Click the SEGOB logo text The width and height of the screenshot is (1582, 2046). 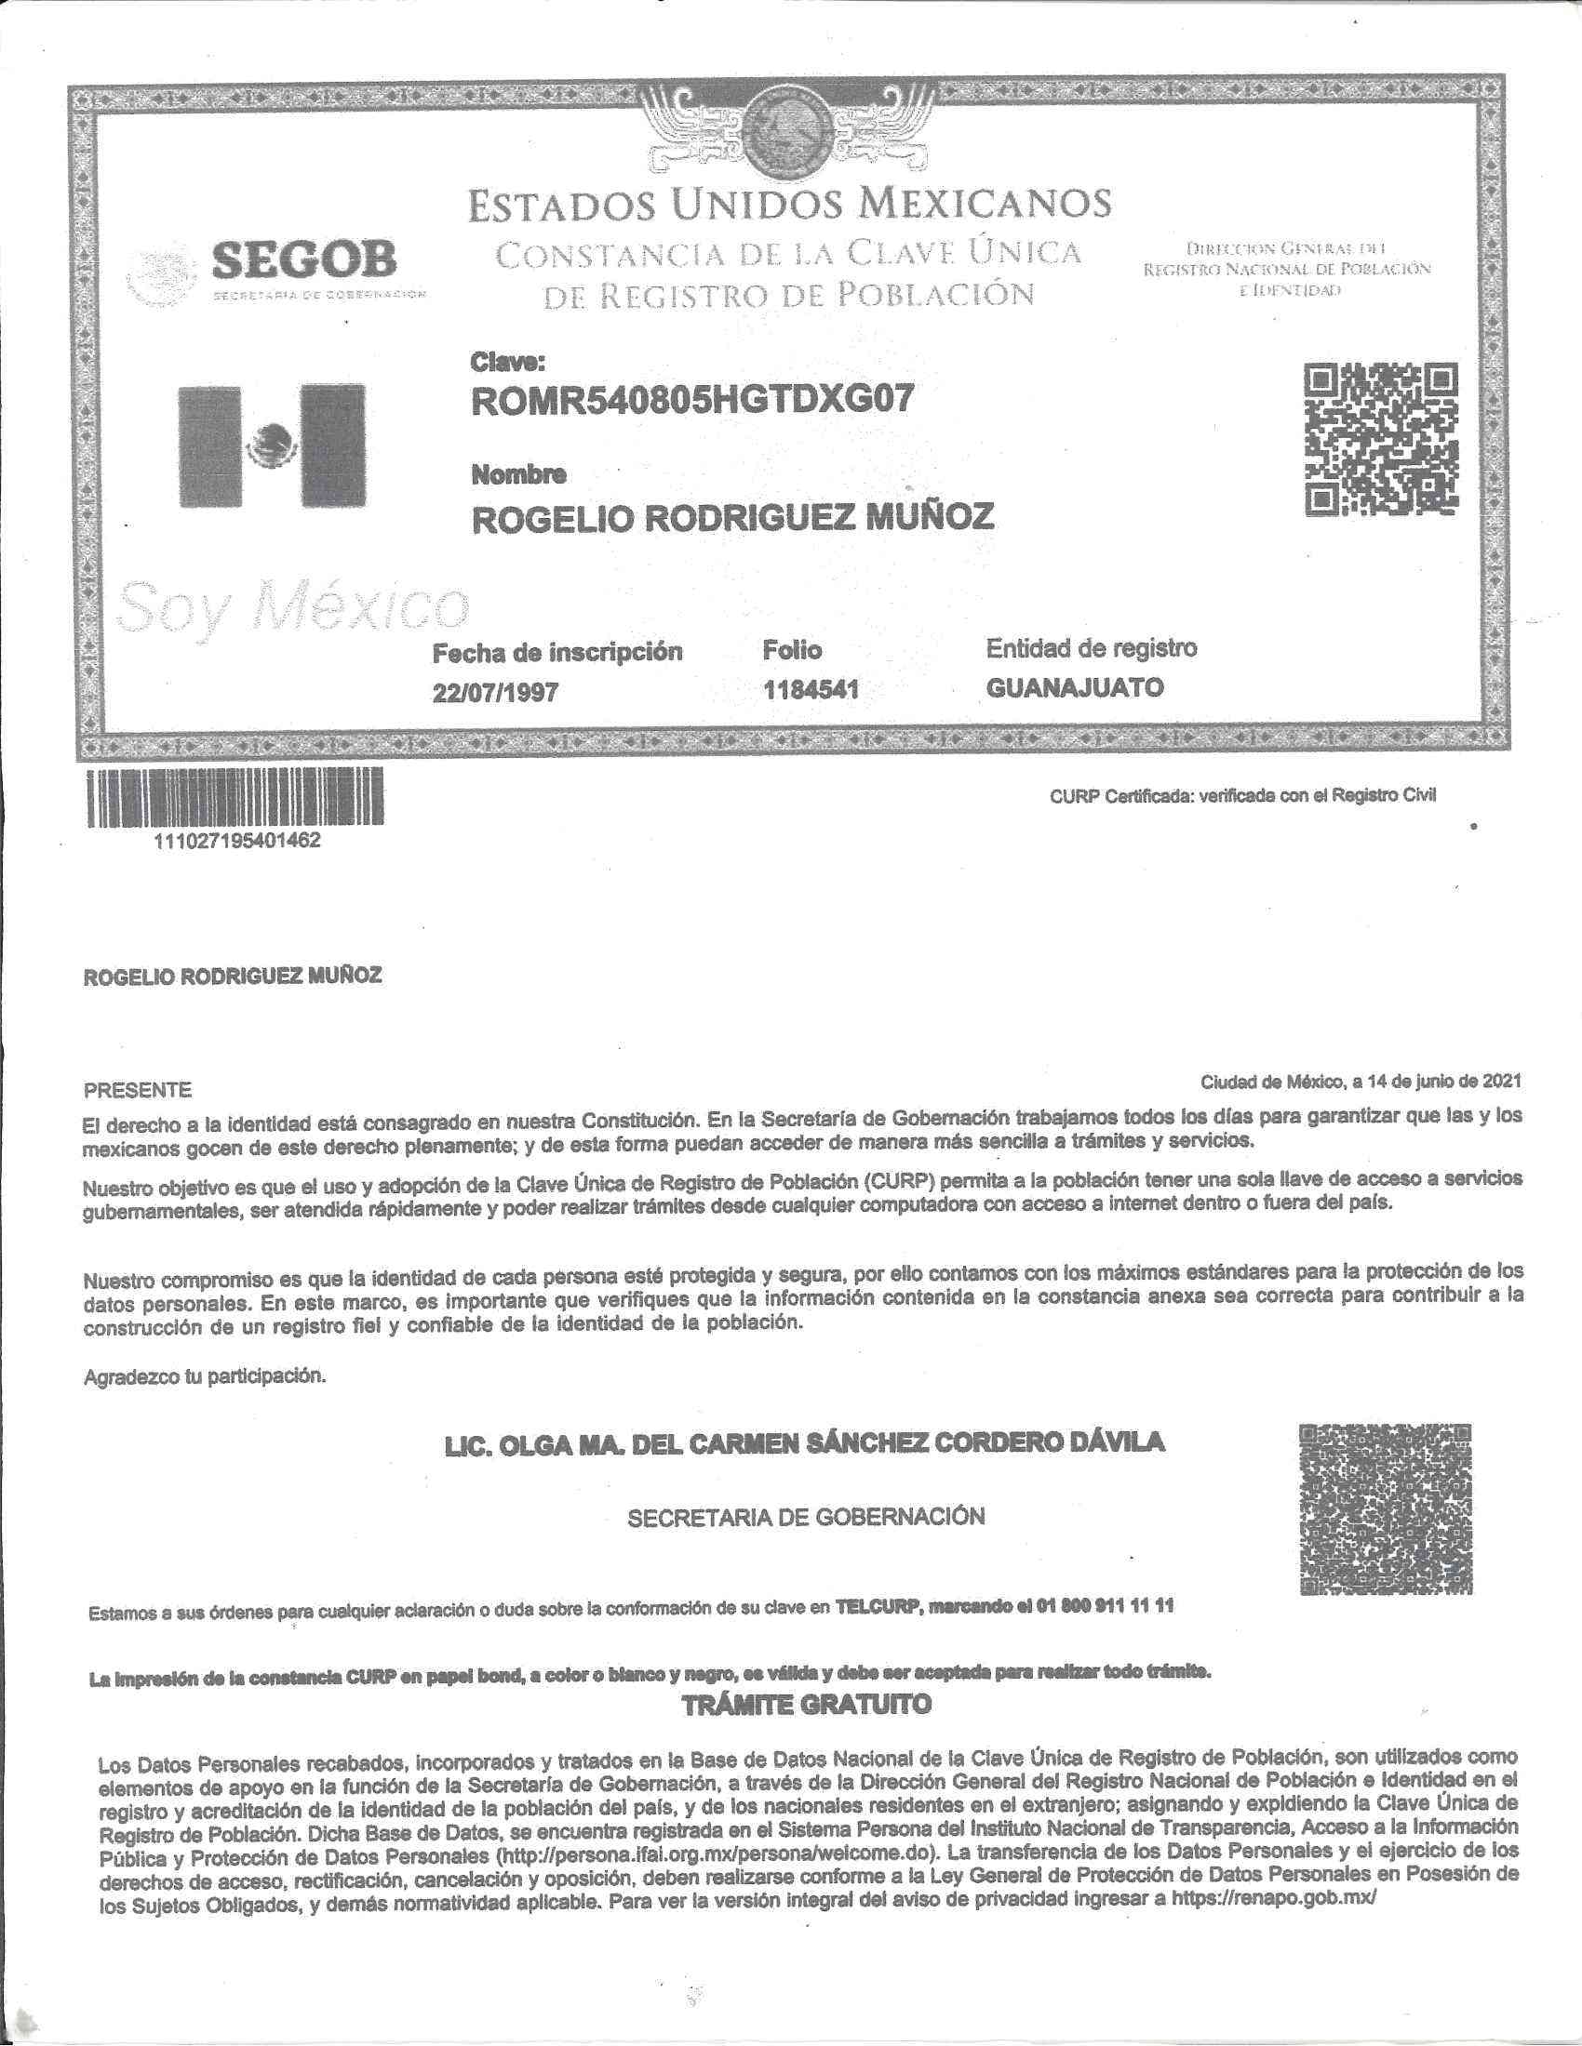(x=303, y=259)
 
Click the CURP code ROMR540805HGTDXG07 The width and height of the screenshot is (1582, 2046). (x=690, y=401)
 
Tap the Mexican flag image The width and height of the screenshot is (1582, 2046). (x=272, y=445)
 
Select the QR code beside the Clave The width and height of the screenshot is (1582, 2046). (x=1381, y=438)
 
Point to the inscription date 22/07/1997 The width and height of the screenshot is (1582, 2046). (x=495, y=692)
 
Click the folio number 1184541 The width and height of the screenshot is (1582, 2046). (x=811, y=691)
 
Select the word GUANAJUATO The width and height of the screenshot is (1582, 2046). (x=1075, y=688)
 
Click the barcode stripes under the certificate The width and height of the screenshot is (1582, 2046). (x=235, y=797)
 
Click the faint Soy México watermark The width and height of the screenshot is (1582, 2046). (x=291, y=606)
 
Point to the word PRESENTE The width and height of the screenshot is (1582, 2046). (x=138, y=1091)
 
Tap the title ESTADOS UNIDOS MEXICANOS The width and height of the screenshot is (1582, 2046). (x=790, y=205)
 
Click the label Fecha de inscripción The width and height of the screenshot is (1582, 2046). (x=556, y=652)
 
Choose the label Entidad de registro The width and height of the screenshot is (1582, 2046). (x=1091, y=647)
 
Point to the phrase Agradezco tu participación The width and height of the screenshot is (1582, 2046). (x=206, y=1377)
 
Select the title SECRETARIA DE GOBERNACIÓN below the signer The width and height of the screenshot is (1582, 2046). (x=806, y=1517)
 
